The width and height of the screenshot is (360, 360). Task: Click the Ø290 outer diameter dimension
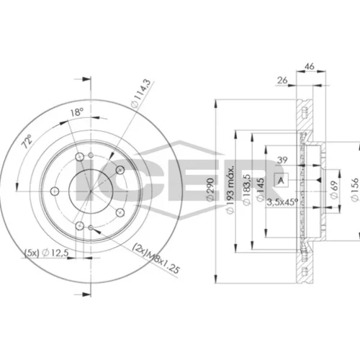pyautogui.click(x=210, y=189)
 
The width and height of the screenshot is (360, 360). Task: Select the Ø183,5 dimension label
pyautogui.click(x=247, y=190)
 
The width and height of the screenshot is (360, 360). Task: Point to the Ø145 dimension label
pyautogui.click(x=260, y=189)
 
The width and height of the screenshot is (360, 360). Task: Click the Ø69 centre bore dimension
pyautogui.click(x=334, y=189)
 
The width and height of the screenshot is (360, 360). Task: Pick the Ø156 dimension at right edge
pyautogui.click(x=354, y=189)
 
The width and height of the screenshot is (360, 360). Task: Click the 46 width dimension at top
pyautogui.click(x=310, y=66)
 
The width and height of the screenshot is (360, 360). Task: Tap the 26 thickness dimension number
pyautogui.click(x=282, y=80)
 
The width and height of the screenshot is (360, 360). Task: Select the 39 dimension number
pyautogui.click(x=282, y=160)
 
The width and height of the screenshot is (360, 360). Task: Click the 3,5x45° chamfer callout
pyautogui.click(x=282, y=202)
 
